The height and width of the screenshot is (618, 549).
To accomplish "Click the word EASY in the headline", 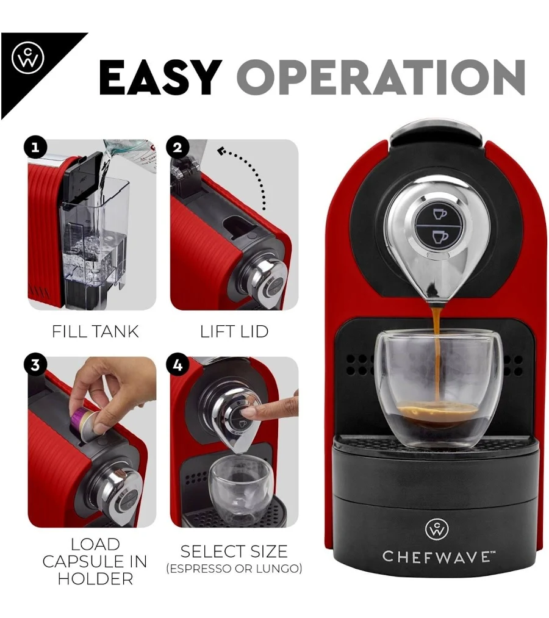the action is point(160,77).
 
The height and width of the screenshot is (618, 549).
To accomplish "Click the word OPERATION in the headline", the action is point(381,77).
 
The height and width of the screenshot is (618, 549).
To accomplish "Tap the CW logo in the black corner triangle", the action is point(28,59).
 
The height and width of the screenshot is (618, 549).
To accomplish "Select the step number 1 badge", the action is point(35,148).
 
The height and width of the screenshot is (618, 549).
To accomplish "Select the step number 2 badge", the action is point(178,148).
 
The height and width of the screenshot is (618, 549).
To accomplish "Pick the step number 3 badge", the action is point(35,365).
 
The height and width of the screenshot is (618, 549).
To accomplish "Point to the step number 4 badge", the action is point(178,365).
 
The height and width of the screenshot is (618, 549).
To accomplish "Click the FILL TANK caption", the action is point(95,331).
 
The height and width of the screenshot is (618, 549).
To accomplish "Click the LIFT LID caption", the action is point(234,331).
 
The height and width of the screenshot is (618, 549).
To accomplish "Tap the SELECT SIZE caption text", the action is point(234,552).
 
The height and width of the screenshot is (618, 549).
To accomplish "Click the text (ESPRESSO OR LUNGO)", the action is point(234,569).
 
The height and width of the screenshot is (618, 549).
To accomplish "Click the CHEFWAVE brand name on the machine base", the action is point(437,556).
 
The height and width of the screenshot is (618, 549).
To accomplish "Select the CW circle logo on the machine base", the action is point(437,530).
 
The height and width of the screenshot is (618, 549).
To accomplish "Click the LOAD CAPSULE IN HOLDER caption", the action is point(95,562).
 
